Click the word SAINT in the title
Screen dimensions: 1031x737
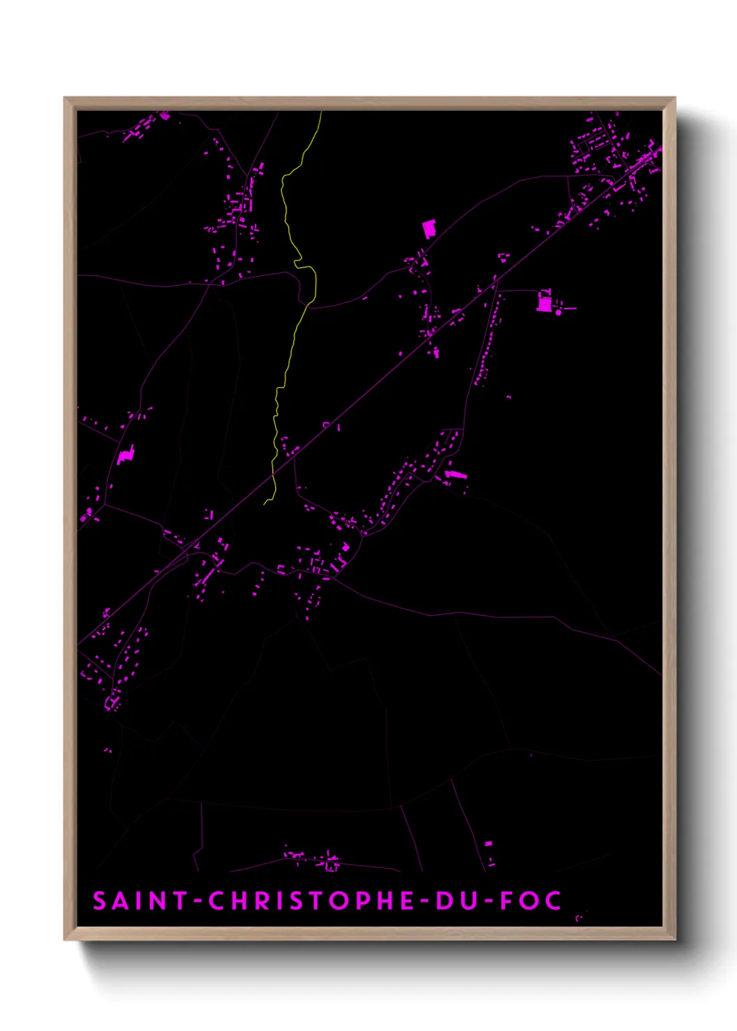pyautogui.click(x=139, y=901)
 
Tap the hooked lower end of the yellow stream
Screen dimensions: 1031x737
pyautogui.click(x=267, y=502)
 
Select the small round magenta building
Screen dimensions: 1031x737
pyautogui.click(x=558, y=313)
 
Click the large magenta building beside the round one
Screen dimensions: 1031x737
pyautogui.click(x=543, y=302)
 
